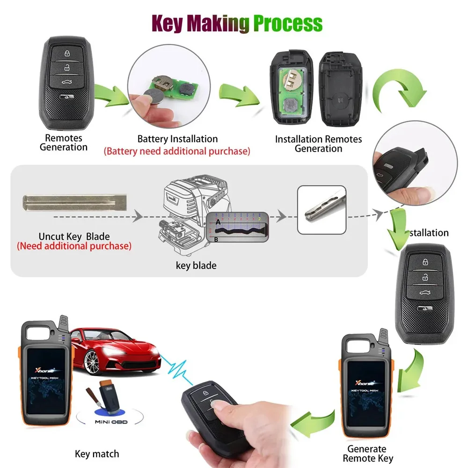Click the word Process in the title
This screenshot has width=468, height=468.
click(x=287, y=23)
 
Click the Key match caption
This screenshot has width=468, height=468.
click(x=97, y=453)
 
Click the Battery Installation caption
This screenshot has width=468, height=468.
click(x=177, y=139)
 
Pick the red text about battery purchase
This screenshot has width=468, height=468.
click(x=177, y=151)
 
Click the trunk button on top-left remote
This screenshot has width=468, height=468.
click(x=67, y=80)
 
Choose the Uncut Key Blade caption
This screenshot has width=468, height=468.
click(x=74, y=237)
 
